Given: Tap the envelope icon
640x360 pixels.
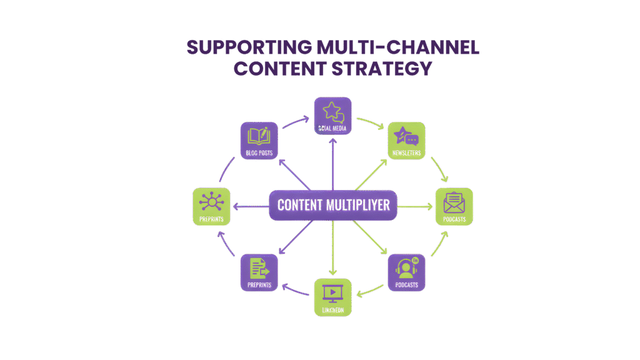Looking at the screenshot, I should pyautogui.click(x=454, y=203).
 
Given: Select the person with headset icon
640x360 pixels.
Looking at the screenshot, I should pyautogui.click(x=406, y=269).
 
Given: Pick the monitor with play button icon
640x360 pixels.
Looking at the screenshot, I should pyautogui.click(x=332, y=292).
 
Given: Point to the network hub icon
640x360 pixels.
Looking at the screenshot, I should pyautogui.click(x=211, y=202).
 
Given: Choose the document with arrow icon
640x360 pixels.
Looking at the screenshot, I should pyautogui.click(x=258, y=268).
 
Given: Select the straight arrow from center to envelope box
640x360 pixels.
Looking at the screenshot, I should pyautogui.click(x=415, y=206).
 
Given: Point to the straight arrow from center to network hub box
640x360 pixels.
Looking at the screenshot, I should pyautogui.click(x=250, y=206).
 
